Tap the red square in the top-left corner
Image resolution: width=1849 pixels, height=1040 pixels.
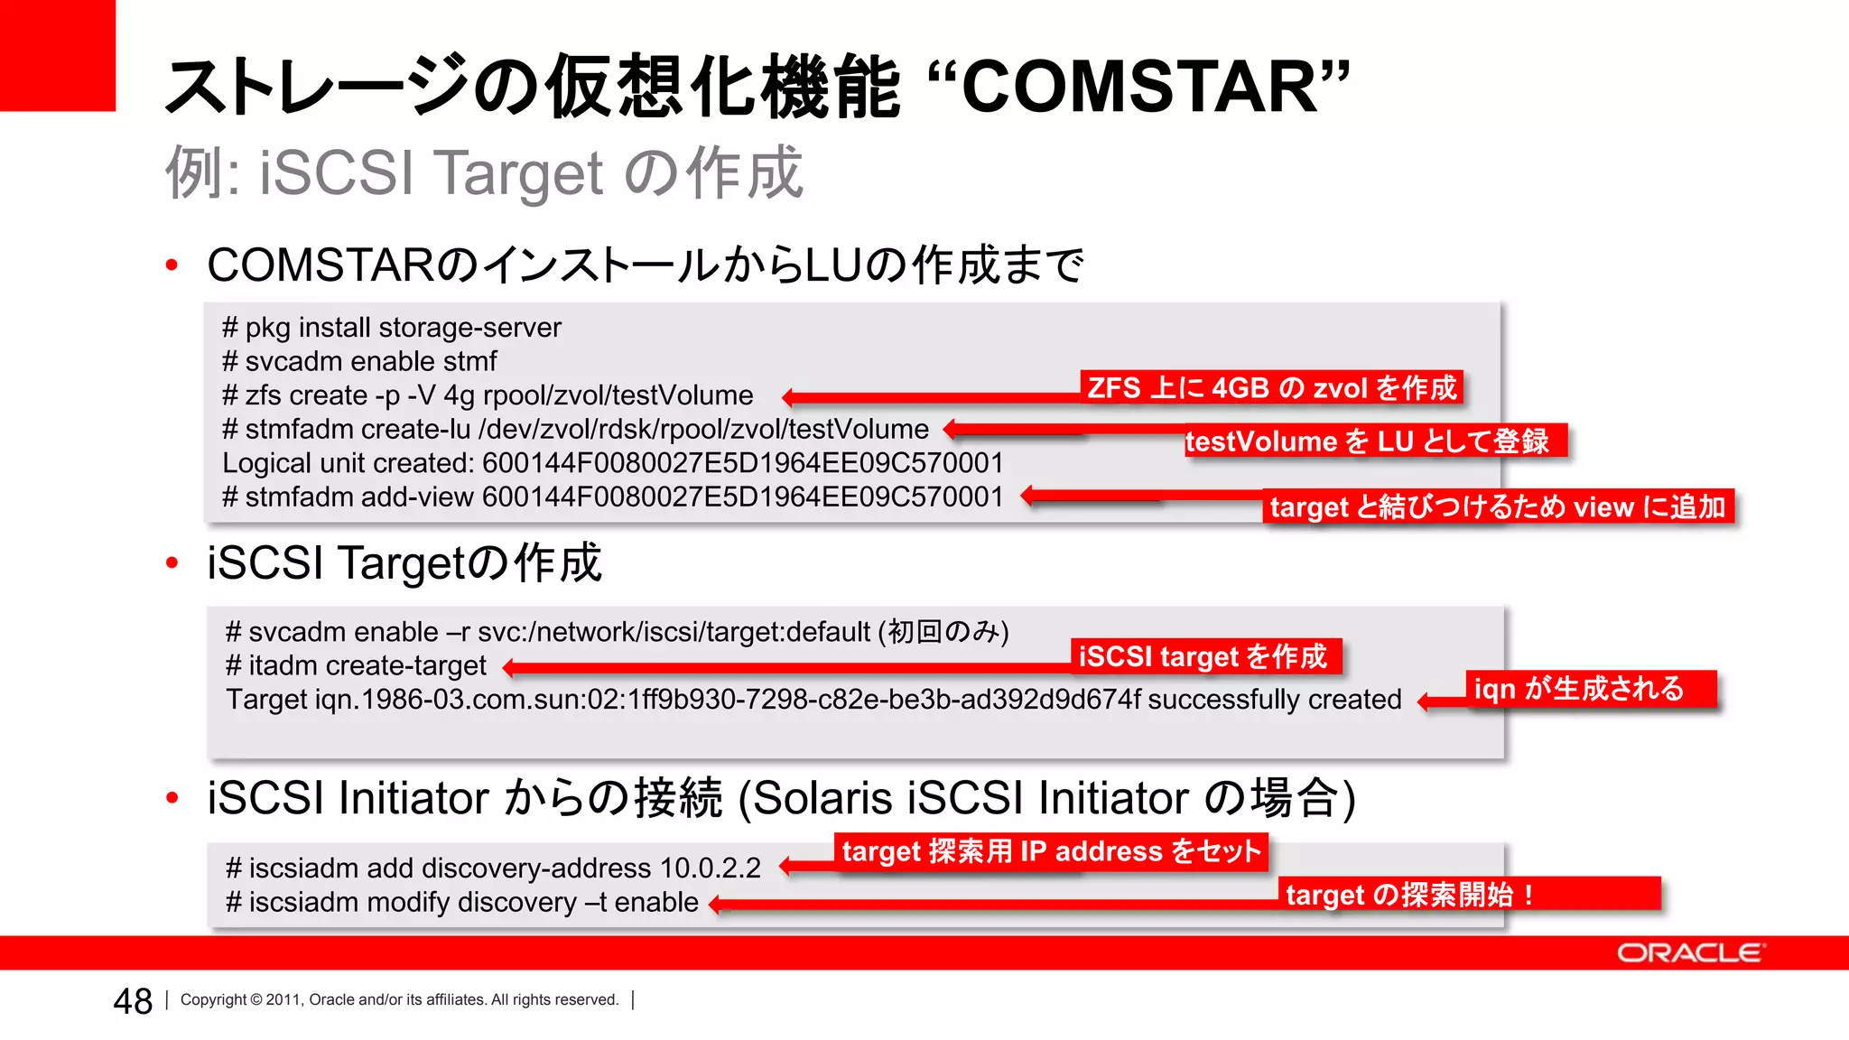click(57, 54)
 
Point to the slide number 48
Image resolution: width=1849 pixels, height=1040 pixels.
click(133, 1001)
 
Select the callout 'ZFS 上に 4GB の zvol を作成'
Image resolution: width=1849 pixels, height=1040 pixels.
click(1271, 387)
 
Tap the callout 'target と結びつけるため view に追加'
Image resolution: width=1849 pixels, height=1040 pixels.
click(1497, 506)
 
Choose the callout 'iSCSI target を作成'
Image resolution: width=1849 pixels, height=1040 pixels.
click(1204, 656)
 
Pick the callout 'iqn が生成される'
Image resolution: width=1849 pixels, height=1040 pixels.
click(1589, 689)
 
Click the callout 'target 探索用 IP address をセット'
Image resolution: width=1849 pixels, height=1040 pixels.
click(1050, 851)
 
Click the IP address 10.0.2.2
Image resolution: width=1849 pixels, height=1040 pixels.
click(711, 868)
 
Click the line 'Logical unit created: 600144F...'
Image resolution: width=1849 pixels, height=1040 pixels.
click(612, 463)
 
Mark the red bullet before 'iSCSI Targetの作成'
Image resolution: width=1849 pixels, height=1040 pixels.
click(172, 563)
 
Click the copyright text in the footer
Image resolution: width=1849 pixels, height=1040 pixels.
click(399, 999)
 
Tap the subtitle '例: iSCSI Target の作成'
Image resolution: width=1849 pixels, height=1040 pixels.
click(484, 172)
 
